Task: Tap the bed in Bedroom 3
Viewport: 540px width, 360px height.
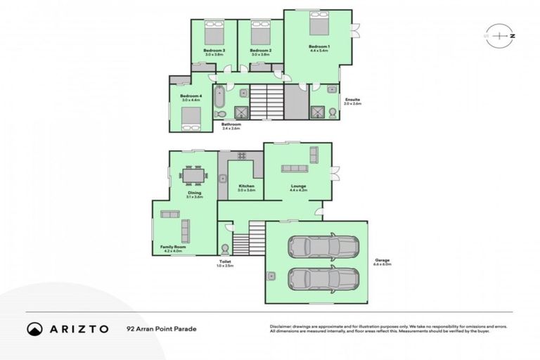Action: point(214,32)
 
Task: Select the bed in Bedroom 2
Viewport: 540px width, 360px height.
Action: point(260,32)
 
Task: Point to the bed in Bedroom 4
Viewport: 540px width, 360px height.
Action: point(191,120)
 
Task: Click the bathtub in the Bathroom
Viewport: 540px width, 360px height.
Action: point(219,101)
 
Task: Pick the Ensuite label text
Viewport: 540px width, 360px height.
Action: point(352,100)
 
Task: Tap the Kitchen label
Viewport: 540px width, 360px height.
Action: point(246,186)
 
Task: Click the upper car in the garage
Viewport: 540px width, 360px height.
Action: point(323,246)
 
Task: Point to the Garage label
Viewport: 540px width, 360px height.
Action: point(382,261)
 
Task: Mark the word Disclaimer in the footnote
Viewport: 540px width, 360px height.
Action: point(282,326)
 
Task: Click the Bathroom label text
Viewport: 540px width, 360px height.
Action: point(231,124)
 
